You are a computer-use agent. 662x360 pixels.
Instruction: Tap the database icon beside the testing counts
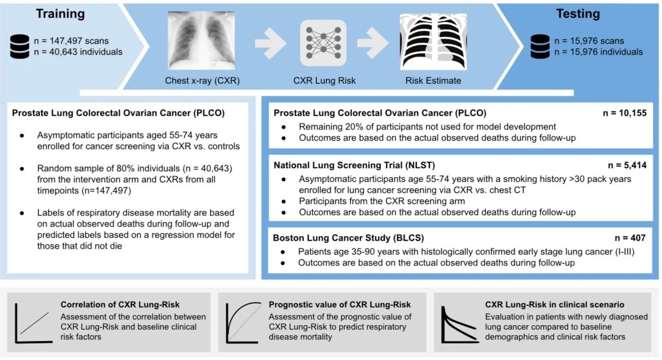(541, 46)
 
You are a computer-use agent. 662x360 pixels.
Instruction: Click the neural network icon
(323, 43)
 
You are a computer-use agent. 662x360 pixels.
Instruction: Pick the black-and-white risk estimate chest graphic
(427, 42)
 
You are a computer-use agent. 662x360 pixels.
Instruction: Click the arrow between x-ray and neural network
(270, 44)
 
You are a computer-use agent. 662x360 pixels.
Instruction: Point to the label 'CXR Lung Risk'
(324, 81)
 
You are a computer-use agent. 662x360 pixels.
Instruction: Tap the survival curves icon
(459, 323)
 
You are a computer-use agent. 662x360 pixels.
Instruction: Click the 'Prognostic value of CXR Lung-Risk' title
(339, 305)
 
